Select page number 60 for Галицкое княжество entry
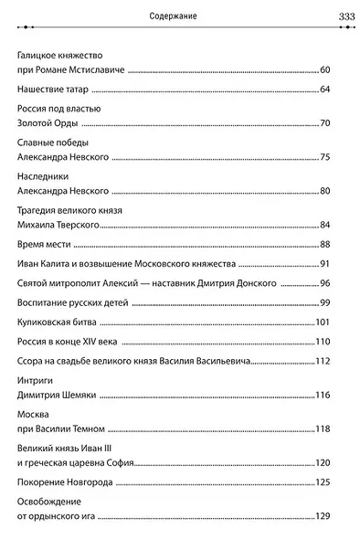tap(334, 70)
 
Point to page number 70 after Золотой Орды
tap(334, 123)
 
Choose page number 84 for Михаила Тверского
tap(334, 226)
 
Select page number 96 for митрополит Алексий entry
tap(334, 284)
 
